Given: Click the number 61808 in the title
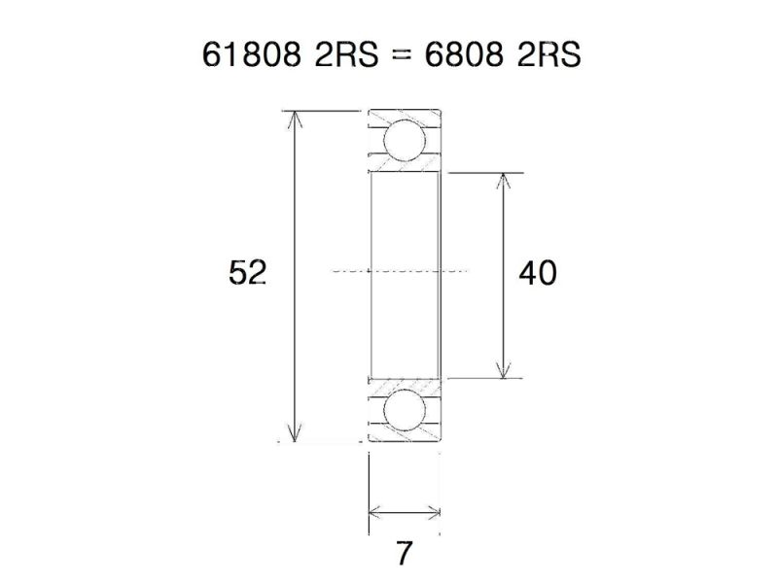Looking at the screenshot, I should coord(251,55).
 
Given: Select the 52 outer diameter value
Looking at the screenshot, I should coord(247,273).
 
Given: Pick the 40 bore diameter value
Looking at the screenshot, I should coord(538,274).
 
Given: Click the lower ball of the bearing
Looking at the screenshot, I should coord(404,411).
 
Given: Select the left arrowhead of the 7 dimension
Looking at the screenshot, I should coord(375,512).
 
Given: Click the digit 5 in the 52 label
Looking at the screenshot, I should coord(237,273).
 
